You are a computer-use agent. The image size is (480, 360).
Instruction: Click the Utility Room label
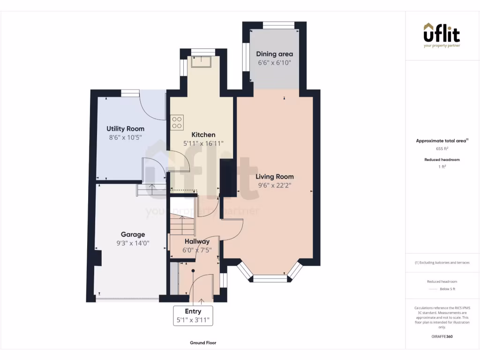pos(125,128)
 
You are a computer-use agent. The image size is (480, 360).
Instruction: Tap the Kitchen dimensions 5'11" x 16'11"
pos(203,143)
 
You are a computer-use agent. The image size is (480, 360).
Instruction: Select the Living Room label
pos(275,177)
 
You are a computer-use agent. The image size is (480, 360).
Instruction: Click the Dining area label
pos(274,54)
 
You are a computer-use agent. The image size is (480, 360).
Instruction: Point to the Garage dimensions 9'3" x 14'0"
pos(133,243)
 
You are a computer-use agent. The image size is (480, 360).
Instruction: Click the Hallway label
pos(197,241)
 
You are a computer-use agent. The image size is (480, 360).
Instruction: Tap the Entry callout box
pos(193,316)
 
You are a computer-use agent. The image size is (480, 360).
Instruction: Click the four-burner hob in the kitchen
pos(177,122)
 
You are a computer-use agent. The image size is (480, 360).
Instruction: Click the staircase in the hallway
pos(182,225)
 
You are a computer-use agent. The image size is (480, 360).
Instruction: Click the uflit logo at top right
pos(442,35)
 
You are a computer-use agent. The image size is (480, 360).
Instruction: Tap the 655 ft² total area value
pos(442,149)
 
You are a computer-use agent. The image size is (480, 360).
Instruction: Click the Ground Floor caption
pos(203,343)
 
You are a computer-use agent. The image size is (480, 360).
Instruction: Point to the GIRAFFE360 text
pos(442,337)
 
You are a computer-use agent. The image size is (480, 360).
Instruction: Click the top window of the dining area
pos(278,25)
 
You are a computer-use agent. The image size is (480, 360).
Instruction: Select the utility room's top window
pos(130,93)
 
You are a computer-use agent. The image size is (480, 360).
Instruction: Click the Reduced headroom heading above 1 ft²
pos(442,160)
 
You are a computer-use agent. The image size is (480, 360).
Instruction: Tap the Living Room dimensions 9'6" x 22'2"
pos(275,185)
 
